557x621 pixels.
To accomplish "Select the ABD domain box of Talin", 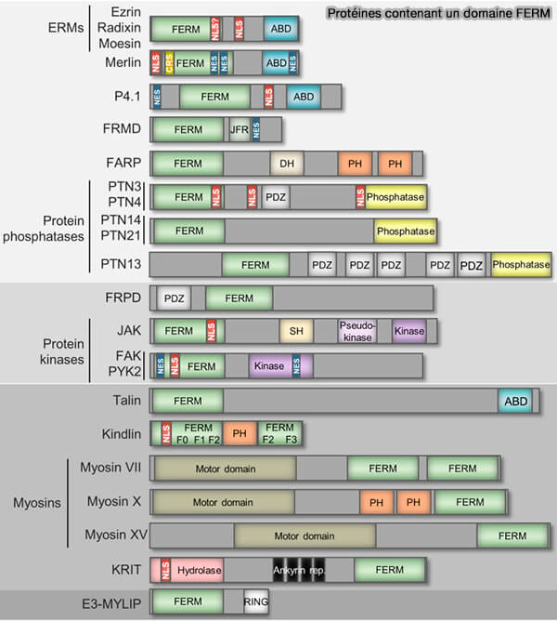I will (x=514, y=401).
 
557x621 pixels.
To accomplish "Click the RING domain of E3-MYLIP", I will (x=256, y=602).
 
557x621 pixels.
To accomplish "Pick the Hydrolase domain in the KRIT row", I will (x=197, y=569).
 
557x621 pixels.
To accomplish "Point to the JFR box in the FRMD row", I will (x=240, y=129).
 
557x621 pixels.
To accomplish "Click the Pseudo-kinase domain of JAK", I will (x=357, y=331).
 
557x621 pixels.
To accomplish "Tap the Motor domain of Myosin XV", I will (x=304, y=536).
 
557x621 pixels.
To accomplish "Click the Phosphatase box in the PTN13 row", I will (x=521, y=265).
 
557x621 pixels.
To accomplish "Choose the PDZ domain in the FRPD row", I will (x=174, y=297).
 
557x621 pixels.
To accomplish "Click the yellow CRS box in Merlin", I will (x=169, y=62).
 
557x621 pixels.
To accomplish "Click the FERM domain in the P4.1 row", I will (x=214, y=96).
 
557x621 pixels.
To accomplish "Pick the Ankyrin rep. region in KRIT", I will (x=298, y=569).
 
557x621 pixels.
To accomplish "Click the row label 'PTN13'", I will (x=122, y=265).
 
